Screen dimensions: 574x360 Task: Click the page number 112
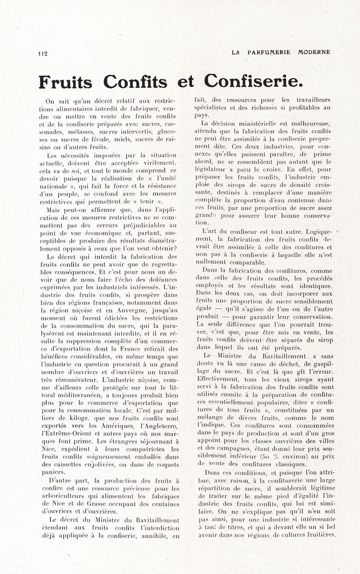(43, 53)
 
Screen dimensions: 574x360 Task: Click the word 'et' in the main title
(185, 82)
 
